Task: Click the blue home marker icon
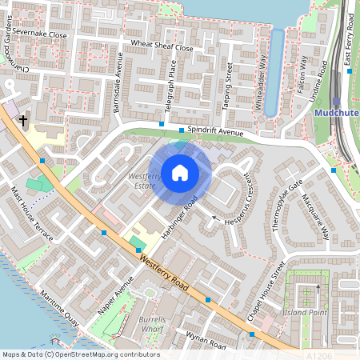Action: click(x=180, y=172)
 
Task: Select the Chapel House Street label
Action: click(x=266, y=292)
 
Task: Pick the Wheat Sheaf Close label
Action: click(x=162, y=46)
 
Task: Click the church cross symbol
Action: click(x=23, y=121)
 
